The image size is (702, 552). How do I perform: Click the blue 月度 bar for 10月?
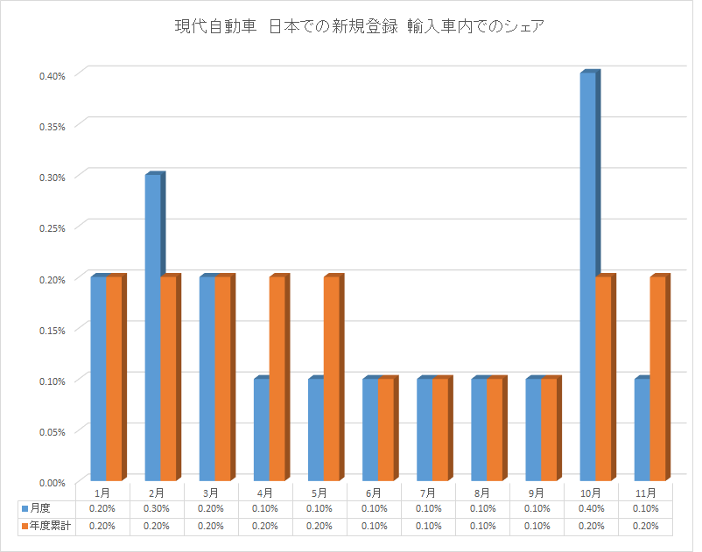(587, 276)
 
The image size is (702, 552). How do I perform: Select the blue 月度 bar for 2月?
(152, 327)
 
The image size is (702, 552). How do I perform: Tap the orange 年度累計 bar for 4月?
(277, 378)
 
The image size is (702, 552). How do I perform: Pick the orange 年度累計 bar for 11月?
(657, 378)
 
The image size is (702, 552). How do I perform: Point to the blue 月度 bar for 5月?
(315, 429)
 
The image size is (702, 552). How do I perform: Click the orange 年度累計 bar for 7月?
(439, 429)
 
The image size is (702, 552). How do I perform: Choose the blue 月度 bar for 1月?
(98, 378)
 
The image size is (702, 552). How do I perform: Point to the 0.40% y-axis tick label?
(52, 75)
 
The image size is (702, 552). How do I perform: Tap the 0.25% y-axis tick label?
(52, 227)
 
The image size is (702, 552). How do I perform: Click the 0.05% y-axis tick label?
(52, 431)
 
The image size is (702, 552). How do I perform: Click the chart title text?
(360, 26)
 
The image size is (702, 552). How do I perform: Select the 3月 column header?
(211, 493)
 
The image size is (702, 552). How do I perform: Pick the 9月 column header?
(537, 493)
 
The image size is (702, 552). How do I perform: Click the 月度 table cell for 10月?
(592, 509)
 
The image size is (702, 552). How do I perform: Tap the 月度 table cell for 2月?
(157, 509)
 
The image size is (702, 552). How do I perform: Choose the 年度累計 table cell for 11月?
(646, 527)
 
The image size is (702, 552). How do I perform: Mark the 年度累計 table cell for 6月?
(374, 527)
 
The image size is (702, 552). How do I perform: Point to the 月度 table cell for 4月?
(265, 509)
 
